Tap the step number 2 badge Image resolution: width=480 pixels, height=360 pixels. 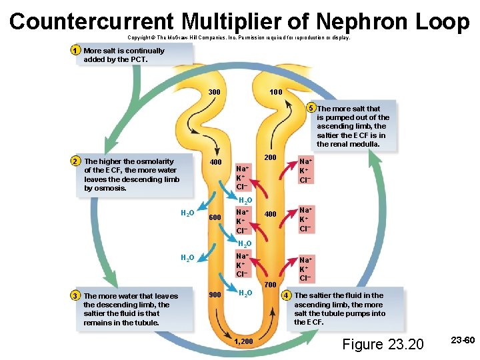76,161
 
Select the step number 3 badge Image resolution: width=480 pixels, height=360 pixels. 76,296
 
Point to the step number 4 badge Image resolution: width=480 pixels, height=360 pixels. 287,295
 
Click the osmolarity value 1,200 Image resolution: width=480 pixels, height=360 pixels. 244,342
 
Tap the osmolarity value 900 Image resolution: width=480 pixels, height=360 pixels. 215,295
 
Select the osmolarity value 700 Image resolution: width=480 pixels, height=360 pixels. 270,285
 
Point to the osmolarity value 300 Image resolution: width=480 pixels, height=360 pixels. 215,91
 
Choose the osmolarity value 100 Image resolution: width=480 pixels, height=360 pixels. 275,91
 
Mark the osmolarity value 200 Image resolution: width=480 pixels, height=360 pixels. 270,157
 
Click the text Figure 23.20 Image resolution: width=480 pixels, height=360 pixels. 382,344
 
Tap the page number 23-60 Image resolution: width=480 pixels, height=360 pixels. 462,341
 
